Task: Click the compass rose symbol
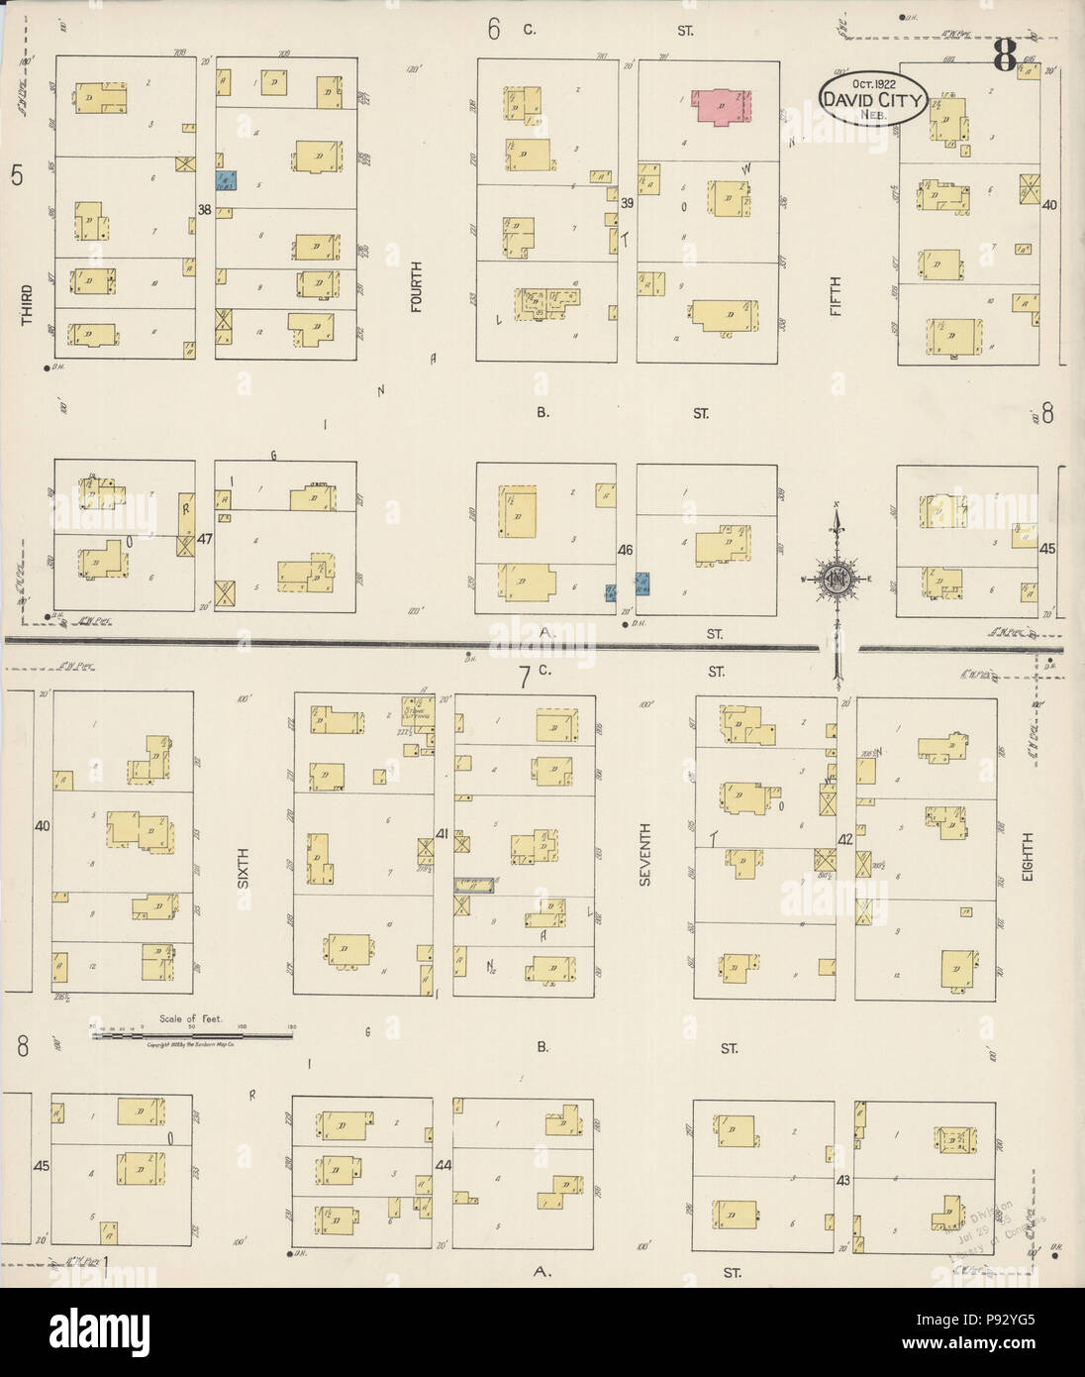point(838,579)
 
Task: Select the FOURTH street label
point(417,287)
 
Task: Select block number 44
point(444,1165)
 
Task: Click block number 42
point(845,838)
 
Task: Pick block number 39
point(627,202)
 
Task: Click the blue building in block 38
point(227,181)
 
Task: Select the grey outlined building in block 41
point(473,886)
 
